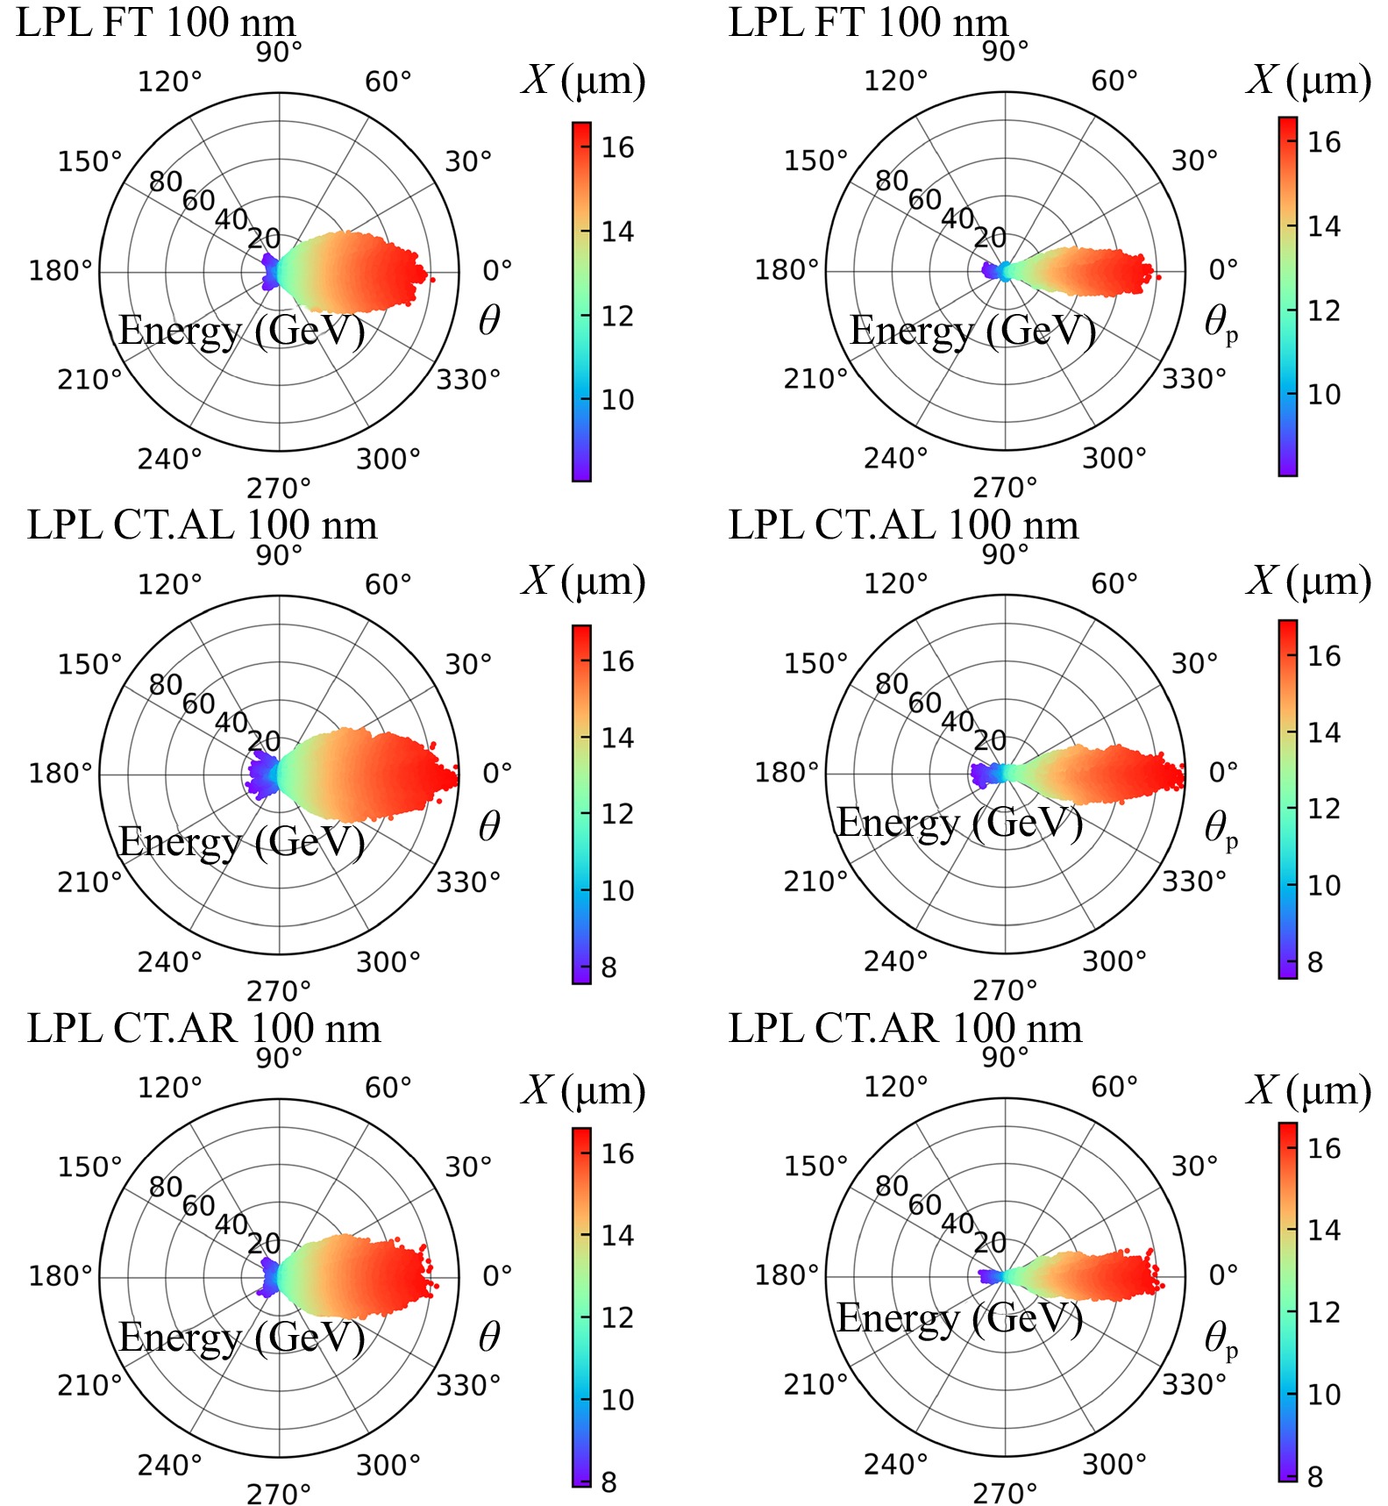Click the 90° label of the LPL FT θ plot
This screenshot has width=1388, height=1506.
click(279, 53)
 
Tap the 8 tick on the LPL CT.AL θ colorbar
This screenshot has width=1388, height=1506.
click(609, 967)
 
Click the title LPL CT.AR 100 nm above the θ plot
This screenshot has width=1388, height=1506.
click(203, 1028)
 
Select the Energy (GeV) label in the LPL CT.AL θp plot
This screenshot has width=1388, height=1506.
click(960, 823)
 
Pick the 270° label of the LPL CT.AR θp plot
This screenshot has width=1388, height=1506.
click(1005, 1492)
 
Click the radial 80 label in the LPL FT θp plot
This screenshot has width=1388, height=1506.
click(892, 181)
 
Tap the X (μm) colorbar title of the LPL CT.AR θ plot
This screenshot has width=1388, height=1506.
click(584, 1090)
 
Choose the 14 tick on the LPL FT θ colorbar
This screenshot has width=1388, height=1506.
click(617, 232)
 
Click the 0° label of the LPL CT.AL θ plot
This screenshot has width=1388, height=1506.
click(497, 773)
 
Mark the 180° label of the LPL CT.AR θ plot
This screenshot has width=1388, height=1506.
click(61, 1275)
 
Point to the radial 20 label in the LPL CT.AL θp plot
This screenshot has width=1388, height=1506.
click(990, 740)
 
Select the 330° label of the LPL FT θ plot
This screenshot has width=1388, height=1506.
click(468, 380)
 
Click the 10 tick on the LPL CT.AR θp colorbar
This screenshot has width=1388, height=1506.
click(1324, 1394)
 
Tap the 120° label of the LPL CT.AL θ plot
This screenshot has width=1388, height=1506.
click(169, 584)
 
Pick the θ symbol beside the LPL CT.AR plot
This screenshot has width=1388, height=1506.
click(489, 1336)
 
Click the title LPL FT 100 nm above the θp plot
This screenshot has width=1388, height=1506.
click(868, 22)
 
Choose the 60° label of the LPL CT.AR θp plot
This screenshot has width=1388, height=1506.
click(1114, 1087)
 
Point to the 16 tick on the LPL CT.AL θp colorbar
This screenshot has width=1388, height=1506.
click(1324, 655)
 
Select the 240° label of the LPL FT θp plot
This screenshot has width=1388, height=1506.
click(895, 458)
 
